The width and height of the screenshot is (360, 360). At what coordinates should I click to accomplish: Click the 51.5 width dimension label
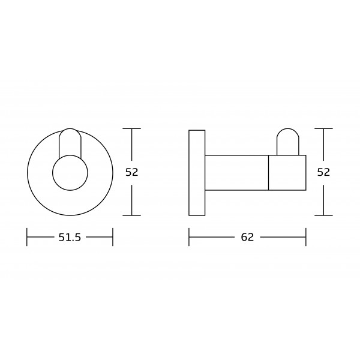point(70,237)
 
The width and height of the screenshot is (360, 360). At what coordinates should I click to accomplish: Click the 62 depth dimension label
point(247,237)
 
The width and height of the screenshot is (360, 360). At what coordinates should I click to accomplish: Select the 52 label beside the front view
point(132,172)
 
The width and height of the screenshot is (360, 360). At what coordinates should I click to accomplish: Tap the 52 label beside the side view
point(323,172)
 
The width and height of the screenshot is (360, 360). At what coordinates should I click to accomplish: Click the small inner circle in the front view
point(70,155)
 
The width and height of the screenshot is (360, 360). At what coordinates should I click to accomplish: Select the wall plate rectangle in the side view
point(197,130)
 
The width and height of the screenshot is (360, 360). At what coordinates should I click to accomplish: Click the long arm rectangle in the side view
point(237,155)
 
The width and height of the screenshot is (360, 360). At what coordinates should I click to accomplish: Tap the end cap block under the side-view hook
point(287,155)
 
